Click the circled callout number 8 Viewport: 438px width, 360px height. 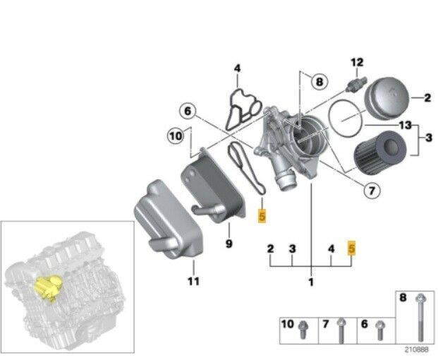pos(319,82)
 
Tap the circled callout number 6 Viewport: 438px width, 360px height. pos(188,111)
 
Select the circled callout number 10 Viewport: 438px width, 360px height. pos(176,136)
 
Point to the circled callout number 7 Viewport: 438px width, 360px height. pos(372,191)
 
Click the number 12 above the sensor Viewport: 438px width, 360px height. pos(357,62)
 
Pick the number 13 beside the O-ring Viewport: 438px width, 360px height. pos(405,125)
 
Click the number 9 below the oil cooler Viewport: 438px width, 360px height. pos(229,244)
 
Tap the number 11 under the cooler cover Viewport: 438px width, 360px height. pos(193,281)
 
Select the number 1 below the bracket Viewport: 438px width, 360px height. pos(311,282)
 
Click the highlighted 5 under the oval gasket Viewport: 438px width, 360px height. pos(262,216)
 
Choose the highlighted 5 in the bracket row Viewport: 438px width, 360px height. pos(351,248)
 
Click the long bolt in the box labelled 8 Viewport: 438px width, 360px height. pos(420,318)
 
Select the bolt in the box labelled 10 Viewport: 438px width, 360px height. pos(303,330)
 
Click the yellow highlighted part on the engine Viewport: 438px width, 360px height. pos(49,287)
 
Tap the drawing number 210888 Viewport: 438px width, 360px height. pos(417,349)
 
